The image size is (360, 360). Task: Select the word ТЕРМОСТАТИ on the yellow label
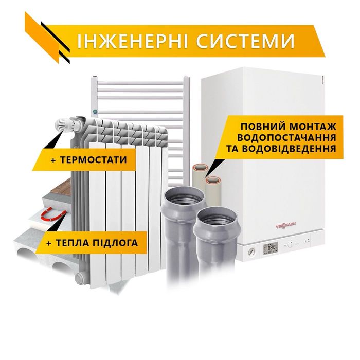coord(93,160)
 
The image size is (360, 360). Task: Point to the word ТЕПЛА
coord(73,243)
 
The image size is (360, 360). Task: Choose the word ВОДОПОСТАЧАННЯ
coord(286,138)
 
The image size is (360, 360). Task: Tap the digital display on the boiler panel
coord(271,248)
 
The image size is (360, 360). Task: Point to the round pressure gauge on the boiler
coord(250,252)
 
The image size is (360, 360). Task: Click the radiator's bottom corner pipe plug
coord(79,278)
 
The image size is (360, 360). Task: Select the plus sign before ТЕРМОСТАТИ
coord(53,160)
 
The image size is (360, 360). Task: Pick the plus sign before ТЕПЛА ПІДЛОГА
coord(49,243)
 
